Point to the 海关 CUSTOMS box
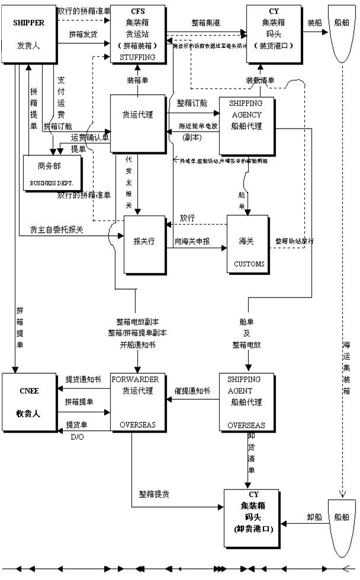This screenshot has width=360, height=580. point(247,244)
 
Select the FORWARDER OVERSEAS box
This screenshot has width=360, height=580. point(138,401)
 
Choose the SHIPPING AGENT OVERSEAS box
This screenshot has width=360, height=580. point(246,401)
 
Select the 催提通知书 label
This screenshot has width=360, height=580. point(192,392)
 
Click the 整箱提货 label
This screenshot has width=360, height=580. point(155,494)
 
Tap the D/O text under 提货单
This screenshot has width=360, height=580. point(78,437)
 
